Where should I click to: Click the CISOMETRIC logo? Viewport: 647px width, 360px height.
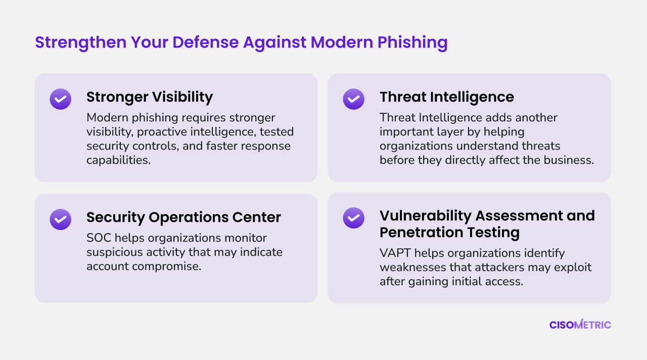click(x=580, y=325)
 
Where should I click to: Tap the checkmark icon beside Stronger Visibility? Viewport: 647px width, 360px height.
click(x=60, y=99)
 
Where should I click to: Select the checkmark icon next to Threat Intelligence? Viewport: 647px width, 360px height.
click(x=353, y=99)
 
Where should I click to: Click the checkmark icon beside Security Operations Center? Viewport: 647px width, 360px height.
click(x=60, y=219)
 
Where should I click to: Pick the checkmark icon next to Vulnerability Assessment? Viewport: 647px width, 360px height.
click(x=353, y=218)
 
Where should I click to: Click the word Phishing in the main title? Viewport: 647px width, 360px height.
click(x=412, y=42)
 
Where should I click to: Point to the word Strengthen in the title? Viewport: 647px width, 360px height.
click(x=81, y=42)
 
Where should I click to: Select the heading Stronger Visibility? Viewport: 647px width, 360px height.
click(x=150, y=97)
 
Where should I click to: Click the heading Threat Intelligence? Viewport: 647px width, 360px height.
click(x=447, y=97)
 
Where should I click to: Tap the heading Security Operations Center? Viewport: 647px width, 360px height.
click(x=183, y=217)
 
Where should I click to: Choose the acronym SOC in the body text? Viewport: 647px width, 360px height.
click(x=99, y=238)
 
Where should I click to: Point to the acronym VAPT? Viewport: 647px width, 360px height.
click(x=395, y=253)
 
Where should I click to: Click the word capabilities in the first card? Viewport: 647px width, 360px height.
click(x=118, y=160)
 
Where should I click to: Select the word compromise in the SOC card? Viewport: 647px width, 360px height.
click(x=166, y=266)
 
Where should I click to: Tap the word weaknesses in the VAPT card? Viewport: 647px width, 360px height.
click(x=412, y=267)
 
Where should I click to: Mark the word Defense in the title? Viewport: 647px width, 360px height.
click(x=206, y=42)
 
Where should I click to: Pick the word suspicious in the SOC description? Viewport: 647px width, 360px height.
click(x=115, y=252)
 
